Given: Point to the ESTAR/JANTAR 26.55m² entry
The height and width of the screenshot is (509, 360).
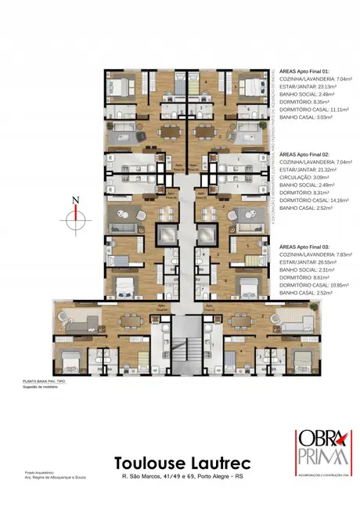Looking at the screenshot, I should (307, 272).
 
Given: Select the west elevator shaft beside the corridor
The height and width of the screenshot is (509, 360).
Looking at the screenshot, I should (167, 234).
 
